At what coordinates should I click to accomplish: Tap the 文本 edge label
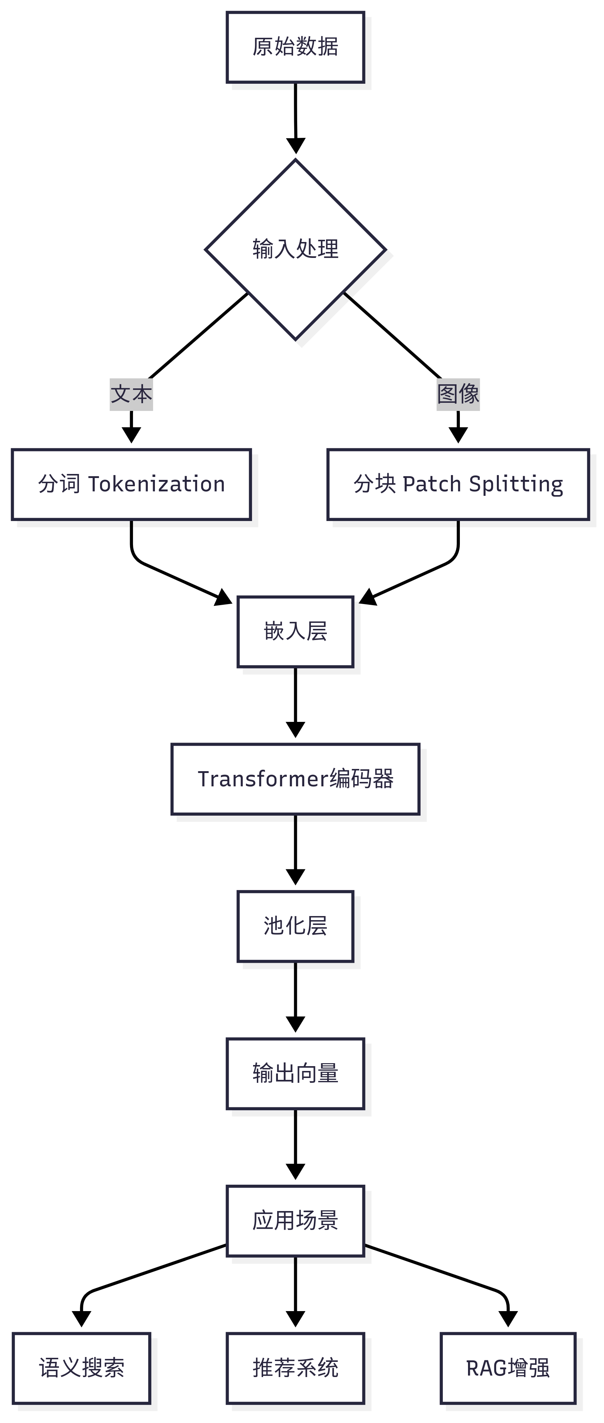[x=131, y=394]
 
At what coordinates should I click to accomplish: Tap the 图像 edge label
[x=458, y=394]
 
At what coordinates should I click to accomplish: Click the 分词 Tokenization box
[x=131, y=484]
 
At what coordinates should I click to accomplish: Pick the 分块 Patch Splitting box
[x=458, y=484]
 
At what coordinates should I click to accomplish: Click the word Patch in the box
[x=432, y=484]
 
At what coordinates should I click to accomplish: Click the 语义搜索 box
[x=81, y=1368]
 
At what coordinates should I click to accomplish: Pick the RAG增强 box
[x=508, y=1368]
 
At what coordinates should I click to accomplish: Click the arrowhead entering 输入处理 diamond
[x=296, y=146]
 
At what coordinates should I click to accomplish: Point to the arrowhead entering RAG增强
[x=508, y=1319]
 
